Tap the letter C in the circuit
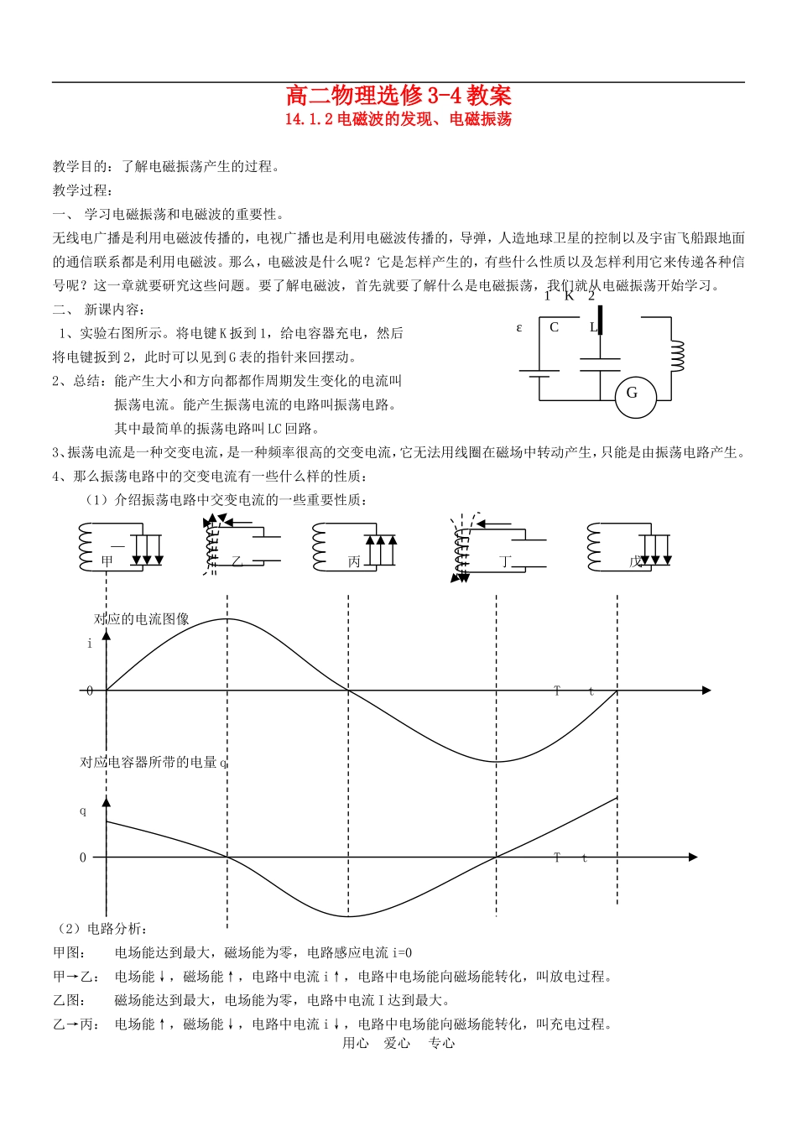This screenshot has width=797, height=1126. (x=554, y=327)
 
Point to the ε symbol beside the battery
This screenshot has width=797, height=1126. (x=519, y=327)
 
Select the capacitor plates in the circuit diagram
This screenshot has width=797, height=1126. (x=600, y=364)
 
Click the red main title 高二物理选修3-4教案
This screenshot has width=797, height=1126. (x=398, y=95)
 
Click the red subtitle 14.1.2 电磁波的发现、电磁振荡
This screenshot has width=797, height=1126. (x=398, y=119)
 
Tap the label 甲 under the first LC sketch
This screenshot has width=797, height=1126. (x=107, y=561)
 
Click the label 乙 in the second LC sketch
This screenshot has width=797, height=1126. (x=237, y=561)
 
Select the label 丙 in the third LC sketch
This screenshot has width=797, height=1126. (x=354, y=561)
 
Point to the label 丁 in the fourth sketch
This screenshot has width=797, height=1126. (x=505, y=561)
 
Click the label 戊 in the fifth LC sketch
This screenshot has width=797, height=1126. (x=635, y=561)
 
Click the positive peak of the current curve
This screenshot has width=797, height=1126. (x=227, y=619)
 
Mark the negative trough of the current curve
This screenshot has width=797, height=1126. (x=497, y=761)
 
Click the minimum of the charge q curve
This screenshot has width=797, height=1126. (x=348, y=916)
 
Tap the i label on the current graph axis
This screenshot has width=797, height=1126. (x=90, y=644)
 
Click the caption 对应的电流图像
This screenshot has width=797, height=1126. (x=142, y=619)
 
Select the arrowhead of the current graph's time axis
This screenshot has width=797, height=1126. (x=706, y=691)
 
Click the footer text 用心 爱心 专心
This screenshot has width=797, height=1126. (x=398, y=1043)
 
